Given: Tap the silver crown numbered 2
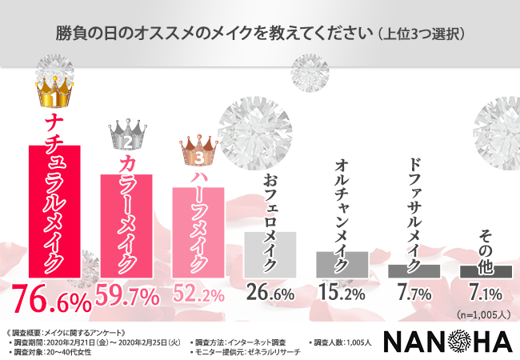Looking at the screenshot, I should point(126,138).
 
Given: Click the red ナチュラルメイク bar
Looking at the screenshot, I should point(54,211).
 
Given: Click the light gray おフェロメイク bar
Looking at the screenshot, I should point(270,254).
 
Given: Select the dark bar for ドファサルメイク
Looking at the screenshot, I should point(414,270).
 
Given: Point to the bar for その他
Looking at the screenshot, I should point(486,271).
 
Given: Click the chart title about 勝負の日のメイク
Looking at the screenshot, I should point(260,35).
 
